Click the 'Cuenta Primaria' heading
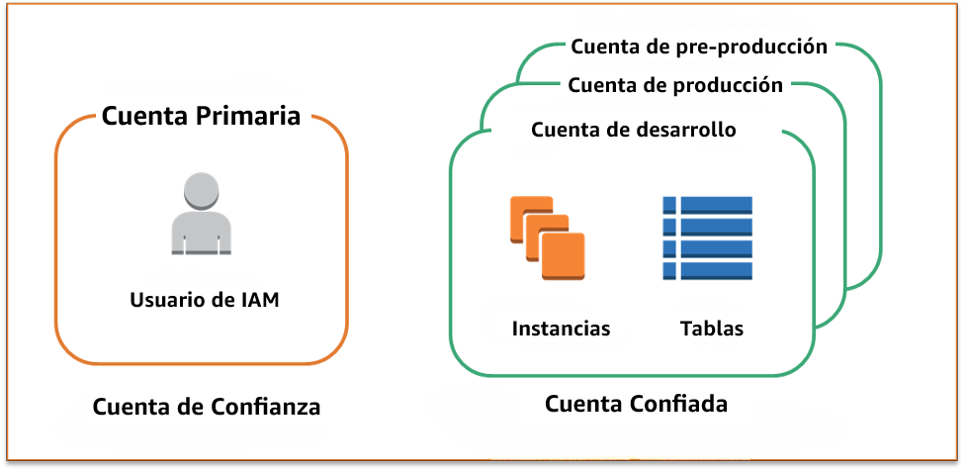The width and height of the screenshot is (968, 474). [201, 116]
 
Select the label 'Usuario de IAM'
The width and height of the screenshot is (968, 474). [205, 299]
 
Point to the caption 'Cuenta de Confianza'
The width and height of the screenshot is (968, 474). [207, 407]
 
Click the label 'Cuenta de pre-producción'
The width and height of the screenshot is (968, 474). [699, 46]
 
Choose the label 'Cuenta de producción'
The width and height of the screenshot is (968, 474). [675, 85]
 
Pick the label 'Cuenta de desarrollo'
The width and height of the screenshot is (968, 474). [633, 130]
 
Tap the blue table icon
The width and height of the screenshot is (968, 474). [707, 237]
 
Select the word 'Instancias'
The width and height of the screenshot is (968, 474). [561, 329]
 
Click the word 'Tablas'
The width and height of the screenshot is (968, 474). [712, 329]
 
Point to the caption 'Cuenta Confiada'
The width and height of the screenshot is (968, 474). [636, 404]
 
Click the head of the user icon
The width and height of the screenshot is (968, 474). [202, 190]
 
